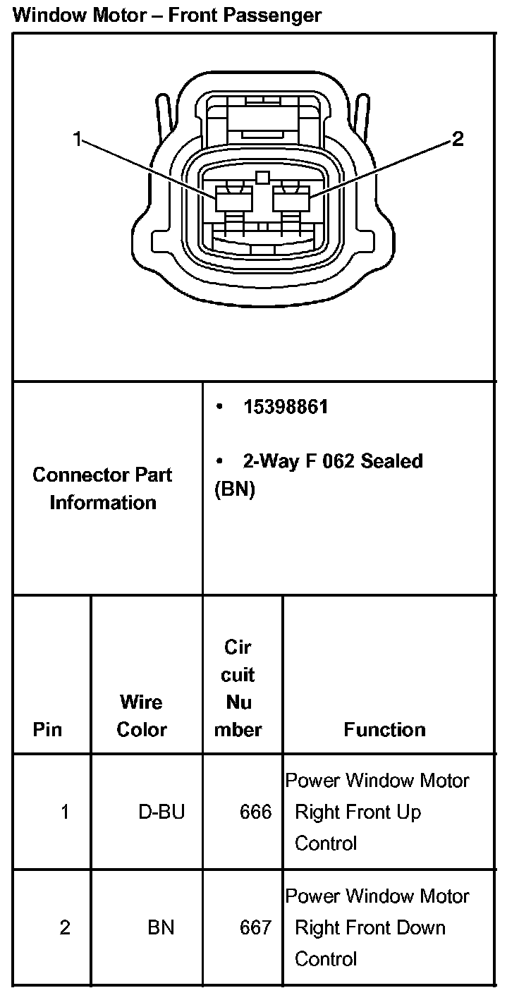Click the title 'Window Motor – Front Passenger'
click(x=167, y=15)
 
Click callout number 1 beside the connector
click(x=78, y=140)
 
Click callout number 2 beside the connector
click(x=457, y=140)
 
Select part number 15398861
click(x=286, y=408)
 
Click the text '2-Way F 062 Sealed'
click(x=333, y=461)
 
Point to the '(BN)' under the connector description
click(x=234, y=489)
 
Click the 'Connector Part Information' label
click(x=103, y=488)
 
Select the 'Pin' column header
click(x=48, y=729)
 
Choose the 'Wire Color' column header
click(x=141, y=716)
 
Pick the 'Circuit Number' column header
click(x=238, y=688)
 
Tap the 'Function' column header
click(x=384, y=729)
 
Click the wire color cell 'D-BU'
click(x=161, y=812)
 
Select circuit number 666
click(x=255, y=812)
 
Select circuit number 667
click(x=255, y=928)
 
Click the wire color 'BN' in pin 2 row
click(x=161, y=928)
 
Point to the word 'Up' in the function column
click(x=408, y=812)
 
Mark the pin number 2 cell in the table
click(x=65, y=928)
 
